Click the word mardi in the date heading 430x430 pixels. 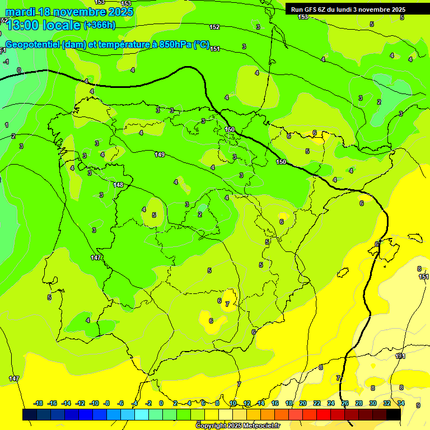point(20,12)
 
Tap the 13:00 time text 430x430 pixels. point(24,25)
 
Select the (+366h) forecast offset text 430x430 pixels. point(99,25)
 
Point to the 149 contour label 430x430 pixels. point(160,155)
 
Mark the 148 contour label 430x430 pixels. point(118,185)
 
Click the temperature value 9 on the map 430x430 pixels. point(418,405)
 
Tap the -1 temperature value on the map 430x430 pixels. point(6,62)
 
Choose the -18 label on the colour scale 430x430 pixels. point(39,403)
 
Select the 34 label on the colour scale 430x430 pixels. point(401,403)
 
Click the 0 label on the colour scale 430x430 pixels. point(161,403)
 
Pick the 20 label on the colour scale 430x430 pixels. point(303,403)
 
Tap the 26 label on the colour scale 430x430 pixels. point(345,403)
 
